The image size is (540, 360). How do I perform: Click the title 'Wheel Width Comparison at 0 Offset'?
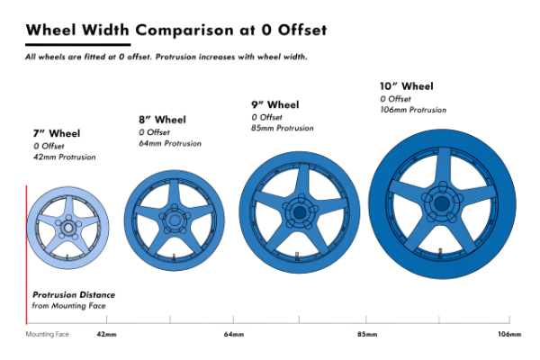(175, 31)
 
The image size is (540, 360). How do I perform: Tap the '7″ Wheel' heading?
(57, 134)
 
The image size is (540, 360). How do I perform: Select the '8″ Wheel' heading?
(162, 120)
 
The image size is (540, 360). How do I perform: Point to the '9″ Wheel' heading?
(274, 104)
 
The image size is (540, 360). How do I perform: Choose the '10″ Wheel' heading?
(407, 86)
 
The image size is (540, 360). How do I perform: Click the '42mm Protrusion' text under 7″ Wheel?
(64, 157)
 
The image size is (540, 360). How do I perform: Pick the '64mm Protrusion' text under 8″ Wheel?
(170, 143)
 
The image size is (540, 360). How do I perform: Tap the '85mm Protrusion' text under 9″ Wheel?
(283, 128)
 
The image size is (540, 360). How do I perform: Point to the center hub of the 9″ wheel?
(296, 212)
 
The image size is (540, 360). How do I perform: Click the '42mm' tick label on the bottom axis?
(106, 335)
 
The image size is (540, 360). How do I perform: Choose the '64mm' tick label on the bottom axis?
(233, 335)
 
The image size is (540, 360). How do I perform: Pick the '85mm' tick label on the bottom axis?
(366, 335)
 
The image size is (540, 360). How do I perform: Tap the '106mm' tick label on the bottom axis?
(508, 335)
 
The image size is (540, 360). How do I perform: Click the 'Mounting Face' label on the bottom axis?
(47, 335)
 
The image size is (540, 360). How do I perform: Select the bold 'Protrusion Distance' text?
(74, 295)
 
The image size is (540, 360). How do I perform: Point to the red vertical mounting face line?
(27, 252)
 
